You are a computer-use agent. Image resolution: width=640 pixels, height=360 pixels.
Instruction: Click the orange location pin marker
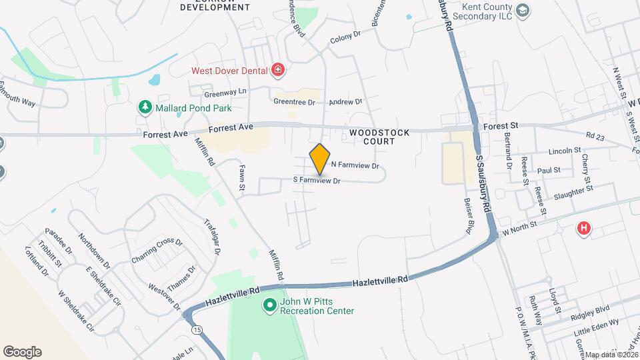(x=320, y=159)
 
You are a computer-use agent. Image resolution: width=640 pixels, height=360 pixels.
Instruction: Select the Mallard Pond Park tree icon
(x=144, y=107)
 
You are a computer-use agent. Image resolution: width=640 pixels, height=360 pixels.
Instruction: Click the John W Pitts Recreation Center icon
(x=270, y=305)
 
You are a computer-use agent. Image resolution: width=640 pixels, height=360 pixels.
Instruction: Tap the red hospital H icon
(x=584, y=229)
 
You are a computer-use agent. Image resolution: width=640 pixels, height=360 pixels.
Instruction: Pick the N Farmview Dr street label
(x=355, y=165)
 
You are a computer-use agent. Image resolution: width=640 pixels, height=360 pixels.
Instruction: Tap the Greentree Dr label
(x=294, y=102)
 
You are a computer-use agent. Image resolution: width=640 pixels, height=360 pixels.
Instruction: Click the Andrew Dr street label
(x=345, y=102)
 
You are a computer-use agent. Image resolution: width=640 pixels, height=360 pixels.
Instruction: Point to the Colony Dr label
(x=345, y=40)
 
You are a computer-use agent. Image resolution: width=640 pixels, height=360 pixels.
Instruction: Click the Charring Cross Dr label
(x=157, y=250)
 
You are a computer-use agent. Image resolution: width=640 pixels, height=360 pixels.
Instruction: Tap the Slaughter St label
(x=573, y=191)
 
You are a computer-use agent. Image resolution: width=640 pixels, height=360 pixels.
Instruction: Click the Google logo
(x=22, y=352)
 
